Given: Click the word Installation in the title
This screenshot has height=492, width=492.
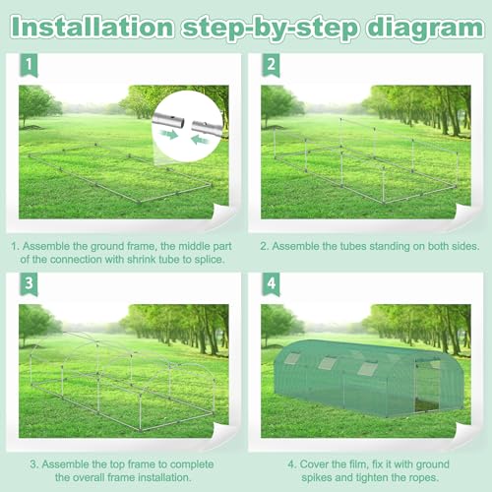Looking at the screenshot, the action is coord(92,28).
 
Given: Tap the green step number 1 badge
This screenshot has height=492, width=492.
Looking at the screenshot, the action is coord(29,65).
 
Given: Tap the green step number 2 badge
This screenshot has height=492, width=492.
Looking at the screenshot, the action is coord(271,65).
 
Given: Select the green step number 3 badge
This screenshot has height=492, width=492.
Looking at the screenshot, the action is coord(29,283).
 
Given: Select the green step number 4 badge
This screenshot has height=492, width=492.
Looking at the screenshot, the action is coord(271,283).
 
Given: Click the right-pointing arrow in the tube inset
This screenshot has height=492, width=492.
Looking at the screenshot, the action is coord(169,134).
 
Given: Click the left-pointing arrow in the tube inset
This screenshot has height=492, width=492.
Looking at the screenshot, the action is coord(201,140).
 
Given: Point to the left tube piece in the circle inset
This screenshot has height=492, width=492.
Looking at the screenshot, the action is coord(168,119).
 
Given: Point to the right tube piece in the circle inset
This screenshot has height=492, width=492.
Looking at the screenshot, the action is coord(207,127).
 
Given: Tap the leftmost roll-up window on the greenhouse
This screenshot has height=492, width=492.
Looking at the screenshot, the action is coord(291,358).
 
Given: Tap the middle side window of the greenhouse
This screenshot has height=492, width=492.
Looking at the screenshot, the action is coord(328,362).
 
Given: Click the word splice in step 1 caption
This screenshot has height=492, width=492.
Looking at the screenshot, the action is coord(209,260).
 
